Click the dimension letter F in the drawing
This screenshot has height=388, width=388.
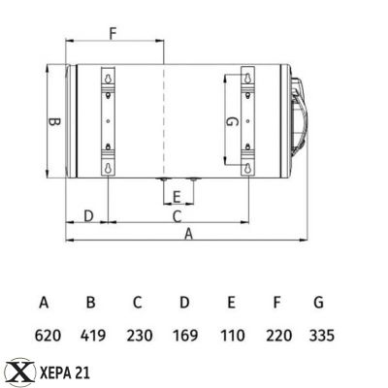tap(113, 33)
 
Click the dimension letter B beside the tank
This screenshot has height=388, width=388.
tap(54, 123)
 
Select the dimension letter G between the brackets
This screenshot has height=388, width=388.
tap(230, 123)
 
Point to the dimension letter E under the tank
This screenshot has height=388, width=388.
tap(176, 198)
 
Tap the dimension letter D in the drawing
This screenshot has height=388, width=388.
tap(87, 214)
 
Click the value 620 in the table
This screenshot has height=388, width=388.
tap(48, 336)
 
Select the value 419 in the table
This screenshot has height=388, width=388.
tap(93, 336)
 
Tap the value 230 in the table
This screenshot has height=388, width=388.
tap(140, 336)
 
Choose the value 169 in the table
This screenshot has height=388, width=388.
tap(184, 336)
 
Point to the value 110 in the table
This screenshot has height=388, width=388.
tap(231, 336)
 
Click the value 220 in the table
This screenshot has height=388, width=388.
tap(276, 336)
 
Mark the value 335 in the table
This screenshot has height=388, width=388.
tap(320, 336)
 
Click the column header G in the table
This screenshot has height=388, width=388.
tap(318, 303)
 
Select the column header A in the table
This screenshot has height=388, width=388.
tap(44, 303)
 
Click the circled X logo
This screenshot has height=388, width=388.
tap(17, 371)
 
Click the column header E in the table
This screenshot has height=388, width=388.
tap(231, 303)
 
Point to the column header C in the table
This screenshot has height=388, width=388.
tap(138, 303)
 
